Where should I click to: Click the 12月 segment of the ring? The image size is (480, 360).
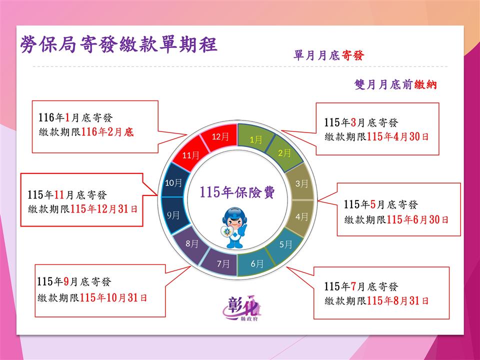(220, 136)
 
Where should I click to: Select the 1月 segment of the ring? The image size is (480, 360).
(255, 139)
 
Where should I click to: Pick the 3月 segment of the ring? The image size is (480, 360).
(301, 183)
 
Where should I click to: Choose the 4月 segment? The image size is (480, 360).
(301, 216)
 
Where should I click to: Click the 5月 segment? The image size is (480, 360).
(284, 244)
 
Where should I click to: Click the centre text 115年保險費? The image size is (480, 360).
(237, 192)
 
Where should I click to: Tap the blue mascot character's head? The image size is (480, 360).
(233, 218)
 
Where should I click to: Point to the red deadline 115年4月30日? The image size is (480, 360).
(397, 136)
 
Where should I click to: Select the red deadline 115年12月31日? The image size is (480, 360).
(104, 209)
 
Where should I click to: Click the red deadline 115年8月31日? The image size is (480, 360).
(397, 300)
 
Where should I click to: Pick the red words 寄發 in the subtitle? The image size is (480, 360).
(352, 55)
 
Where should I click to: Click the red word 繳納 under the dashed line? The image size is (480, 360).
(425, 84)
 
